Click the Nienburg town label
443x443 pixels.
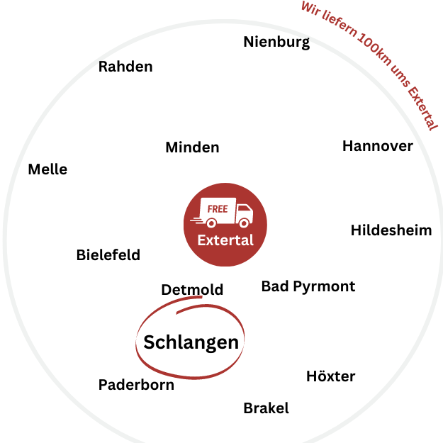coord(276,42)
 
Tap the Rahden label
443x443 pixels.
coord(125,67)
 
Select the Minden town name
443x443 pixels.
coord(192,147)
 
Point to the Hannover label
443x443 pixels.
coord(377,146)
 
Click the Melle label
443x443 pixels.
coord(47,169)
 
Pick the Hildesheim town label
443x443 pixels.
coord(391,230)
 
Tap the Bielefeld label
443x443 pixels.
coord(108,255)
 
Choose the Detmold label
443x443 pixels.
coord(192,289)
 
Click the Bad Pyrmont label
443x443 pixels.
coord(308,286)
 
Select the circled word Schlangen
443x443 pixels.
coord(191,342)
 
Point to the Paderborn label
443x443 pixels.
coord(136,385)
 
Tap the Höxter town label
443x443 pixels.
coord(330,376)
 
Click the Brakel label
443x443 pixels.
coord(266,408)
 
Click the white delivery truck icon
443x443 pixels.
coord(227,213)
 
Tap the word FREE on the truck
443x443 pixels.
coord(218,209)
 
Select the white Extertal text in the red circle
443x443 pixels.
coord(225,240)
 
